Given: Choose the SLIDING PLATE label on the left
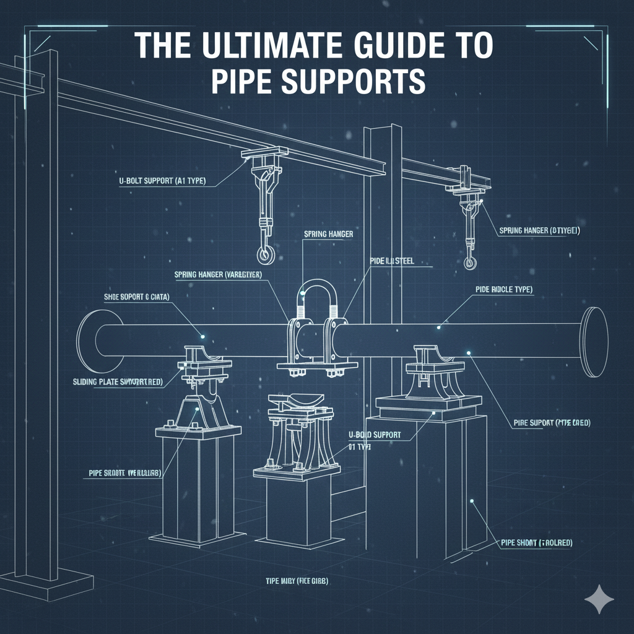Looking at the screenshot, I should [113, 382].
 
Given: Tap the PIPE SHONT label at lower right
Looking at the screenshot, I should [536, 542].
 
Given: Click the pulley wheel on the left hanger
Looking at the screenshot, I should [266, 253].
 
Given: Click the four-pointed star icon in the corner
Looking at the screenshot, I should [599, 599].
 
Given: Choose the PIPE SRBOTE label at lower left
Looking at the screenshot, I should [121, 473].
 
